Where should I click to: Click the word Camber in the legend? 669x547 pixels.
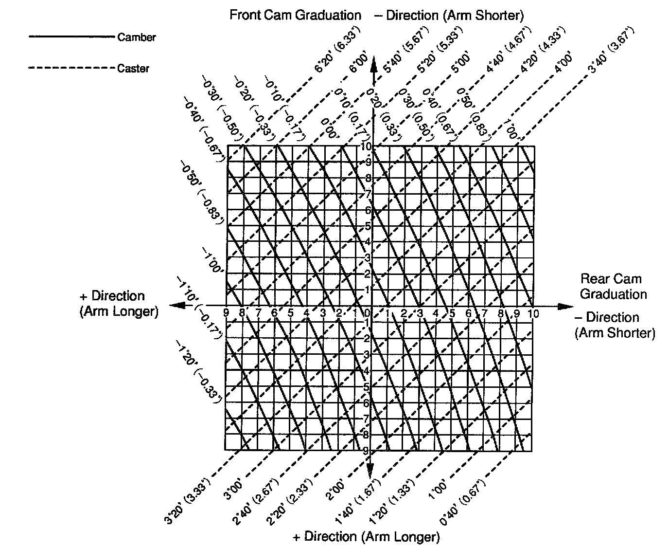click(137, 37)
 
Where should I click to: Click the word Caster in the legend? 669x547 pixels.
click(133, 69)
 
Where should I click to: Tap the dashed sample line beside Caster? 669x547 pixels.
click(72, 68)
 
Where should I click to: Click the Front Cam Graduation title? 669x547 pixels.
click(295, 15)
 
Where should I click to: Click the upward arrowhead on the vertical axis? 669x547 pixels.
click(373, 64)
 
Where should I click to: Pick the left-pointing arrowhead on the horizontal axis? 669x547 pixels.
click(176, 305)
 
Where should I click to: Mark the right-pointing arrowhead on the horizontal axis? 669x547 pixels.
click(565, 307)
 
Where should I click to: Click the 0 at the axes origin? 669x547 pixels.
click(368, 312)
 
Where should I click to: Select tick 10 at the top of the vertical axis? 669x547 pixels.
click(366, 146)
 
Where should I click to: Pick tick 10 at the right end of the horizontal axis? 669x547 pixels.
click(533, 314)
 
